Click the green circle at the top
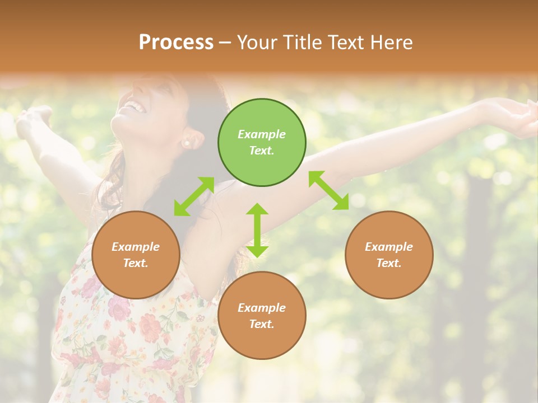[262, 143]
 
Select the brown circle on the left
[136, 255]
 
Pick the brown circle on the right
[389, 255]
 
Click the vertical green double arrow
[257, 230]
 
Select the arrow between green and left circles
[194, 196]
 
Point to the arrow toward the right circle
[328, 190]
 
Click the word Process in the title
[176, 42]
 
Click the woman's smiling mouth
[133, 105]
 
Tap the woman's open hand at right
[518, 118]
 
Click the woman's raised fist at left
[34, 120]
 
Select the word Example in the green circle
[262, 134]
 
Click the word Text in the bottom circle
[261, 324]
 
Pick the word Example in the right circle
[389, 247]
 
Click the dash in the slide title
[225, 43]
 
